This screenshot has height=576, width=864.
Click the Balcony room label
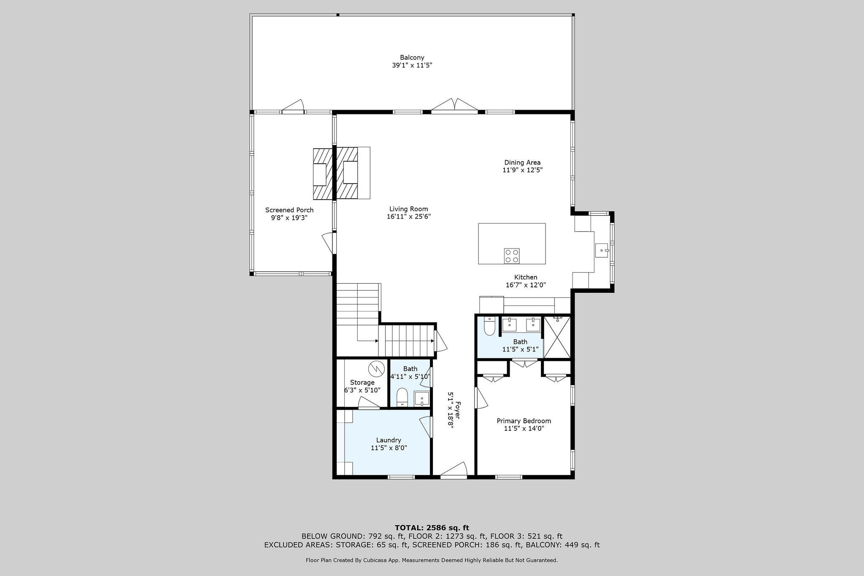tap(412, 57)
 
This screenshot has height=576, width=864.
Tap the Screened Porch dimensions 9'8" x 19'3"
tap(289, 218)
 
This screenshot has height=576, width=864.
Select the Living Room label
tap(408, 209)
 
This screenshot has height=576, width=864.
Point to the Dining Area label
tap(522, 162)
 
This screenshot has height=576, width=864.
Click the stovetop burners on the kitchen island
tap(512, 256)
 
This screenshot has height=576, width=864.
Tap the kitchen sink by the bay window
tap(602, 250)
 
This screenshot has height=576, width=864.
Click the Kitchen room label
tap(526, 277)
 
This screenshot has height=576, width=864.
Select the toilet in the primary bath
tap(489, 326)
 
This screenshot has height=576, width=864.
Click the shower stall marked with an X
tap(556, 337)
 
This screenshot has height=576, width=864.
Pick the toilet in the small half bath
tap(402, 398)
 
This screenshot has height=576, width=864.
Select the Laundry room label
tap(389, 440)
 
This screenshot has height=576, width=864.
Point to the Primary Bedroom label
tap(524, 421)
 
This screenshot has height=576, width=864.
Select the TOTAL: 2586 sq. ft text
tap(432, 527)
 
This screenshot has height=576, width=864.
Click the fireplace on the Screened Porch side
tap(323, 174)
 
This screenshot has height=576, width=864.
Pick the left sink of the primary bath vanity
tap(509, 325)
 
